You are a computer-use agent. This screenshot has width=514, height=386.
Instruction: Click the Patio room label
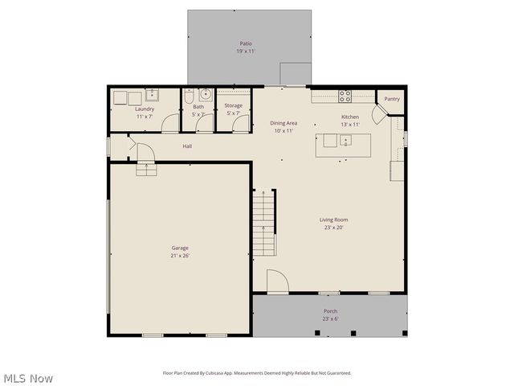coord(246,43)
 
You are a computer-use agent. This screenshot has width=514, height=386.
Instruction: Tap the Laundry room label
coord(145,109)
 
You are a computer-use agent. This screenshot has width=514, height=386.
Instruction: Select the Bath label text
coord(198,106)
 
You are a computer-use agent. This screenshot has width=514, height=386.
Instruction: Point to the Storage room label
coord(233,105)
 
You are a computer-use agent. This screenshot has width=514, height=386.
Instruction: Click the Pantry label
coord(392,99)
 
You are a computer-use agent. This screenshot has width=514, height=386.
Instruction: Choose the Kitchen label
coord(350,117)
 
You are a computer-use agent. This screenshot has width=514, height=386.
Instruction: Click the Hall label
coord(187,146)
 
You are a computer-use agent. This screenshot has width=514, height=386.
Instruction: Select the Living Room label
coord(334,220)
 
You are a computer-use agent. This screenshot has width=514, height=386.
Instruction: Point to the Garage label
coord(180,248)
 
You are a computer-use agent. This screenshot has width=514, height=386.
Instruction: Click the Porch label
coord(330,311)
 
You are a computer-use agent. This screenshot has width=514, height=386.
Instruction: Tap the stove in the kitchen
coord(345,96)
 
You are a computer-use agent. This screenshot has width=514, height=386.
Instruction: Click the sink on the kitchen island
coord(345,141)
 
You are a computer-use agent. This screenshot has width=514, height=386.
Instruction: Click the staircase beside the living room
coord(264,223)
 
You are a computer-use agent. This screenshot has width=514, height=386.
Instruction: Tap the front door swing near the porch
coord(277,281)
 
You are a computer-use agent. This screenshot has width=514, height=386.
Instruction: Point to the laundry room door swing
coord(170,124)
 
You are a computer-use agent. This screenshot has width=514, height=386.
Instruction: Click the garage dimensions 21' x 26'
coord(180,256)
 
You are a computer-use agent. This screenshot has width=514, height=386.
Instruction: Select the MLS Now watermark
coord(28,378)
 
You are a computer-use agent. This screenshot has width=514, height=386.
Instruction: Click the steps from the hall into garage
coord(146,168)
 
